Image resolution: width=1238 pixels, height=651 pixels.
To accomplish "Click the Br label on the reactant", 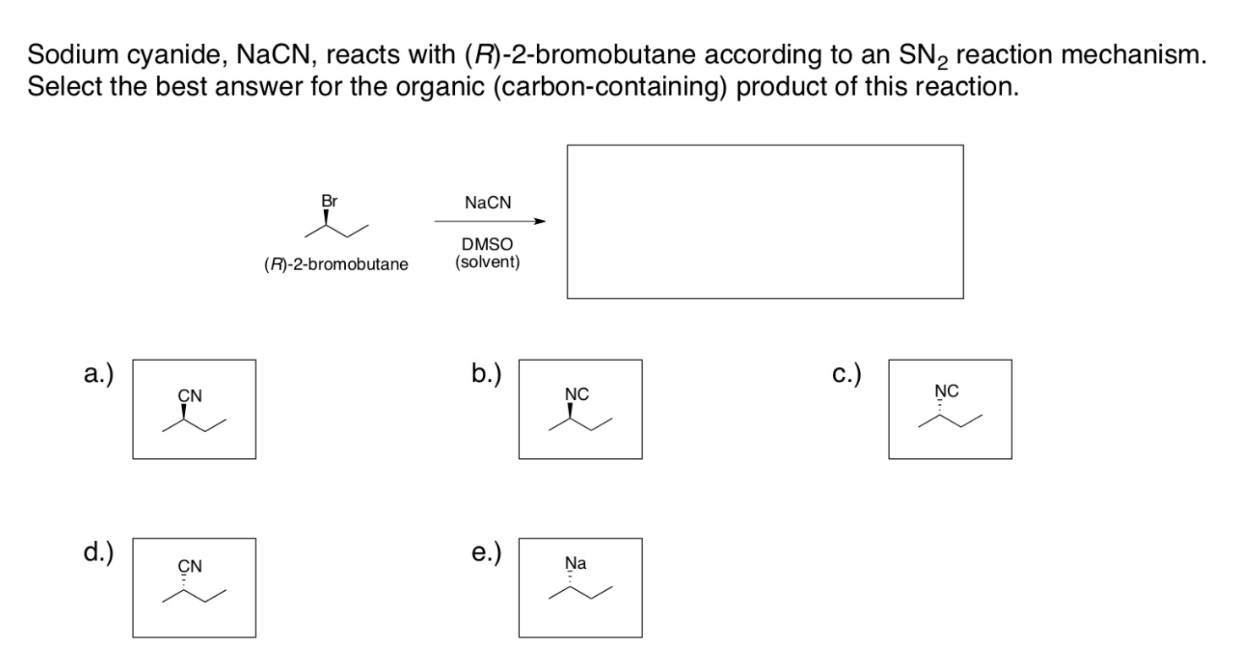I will (329, 203).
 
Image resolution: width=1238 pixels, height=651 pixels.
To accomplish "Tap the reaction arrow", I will (490, 222).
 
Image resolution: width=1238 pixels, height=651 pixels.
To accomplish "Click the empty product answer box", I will (764, 222).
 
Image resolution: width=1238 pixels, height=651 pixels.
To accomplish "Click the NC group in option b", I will (577, 395).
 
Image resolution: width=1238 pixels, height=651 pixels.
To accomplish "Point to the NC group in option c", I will (946, 391).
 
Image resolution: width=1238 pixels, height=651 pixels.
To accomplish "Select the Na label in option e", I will (576, 563).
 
